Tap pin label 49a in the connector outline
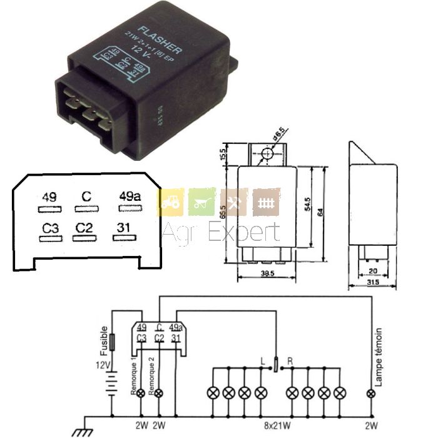(129, 197)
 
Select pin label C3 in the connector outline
(50, 228)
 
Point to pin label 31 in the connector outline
(124, 228)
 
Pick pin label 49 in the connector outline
(49, 197)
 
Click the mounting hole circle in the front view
(268, 153)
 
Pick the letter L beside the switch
(263, 361)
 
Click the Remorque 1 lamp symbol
(141, 393)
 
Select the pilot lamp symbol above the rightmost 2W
(372, 393)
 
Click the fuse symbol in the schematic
(113, 343)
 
